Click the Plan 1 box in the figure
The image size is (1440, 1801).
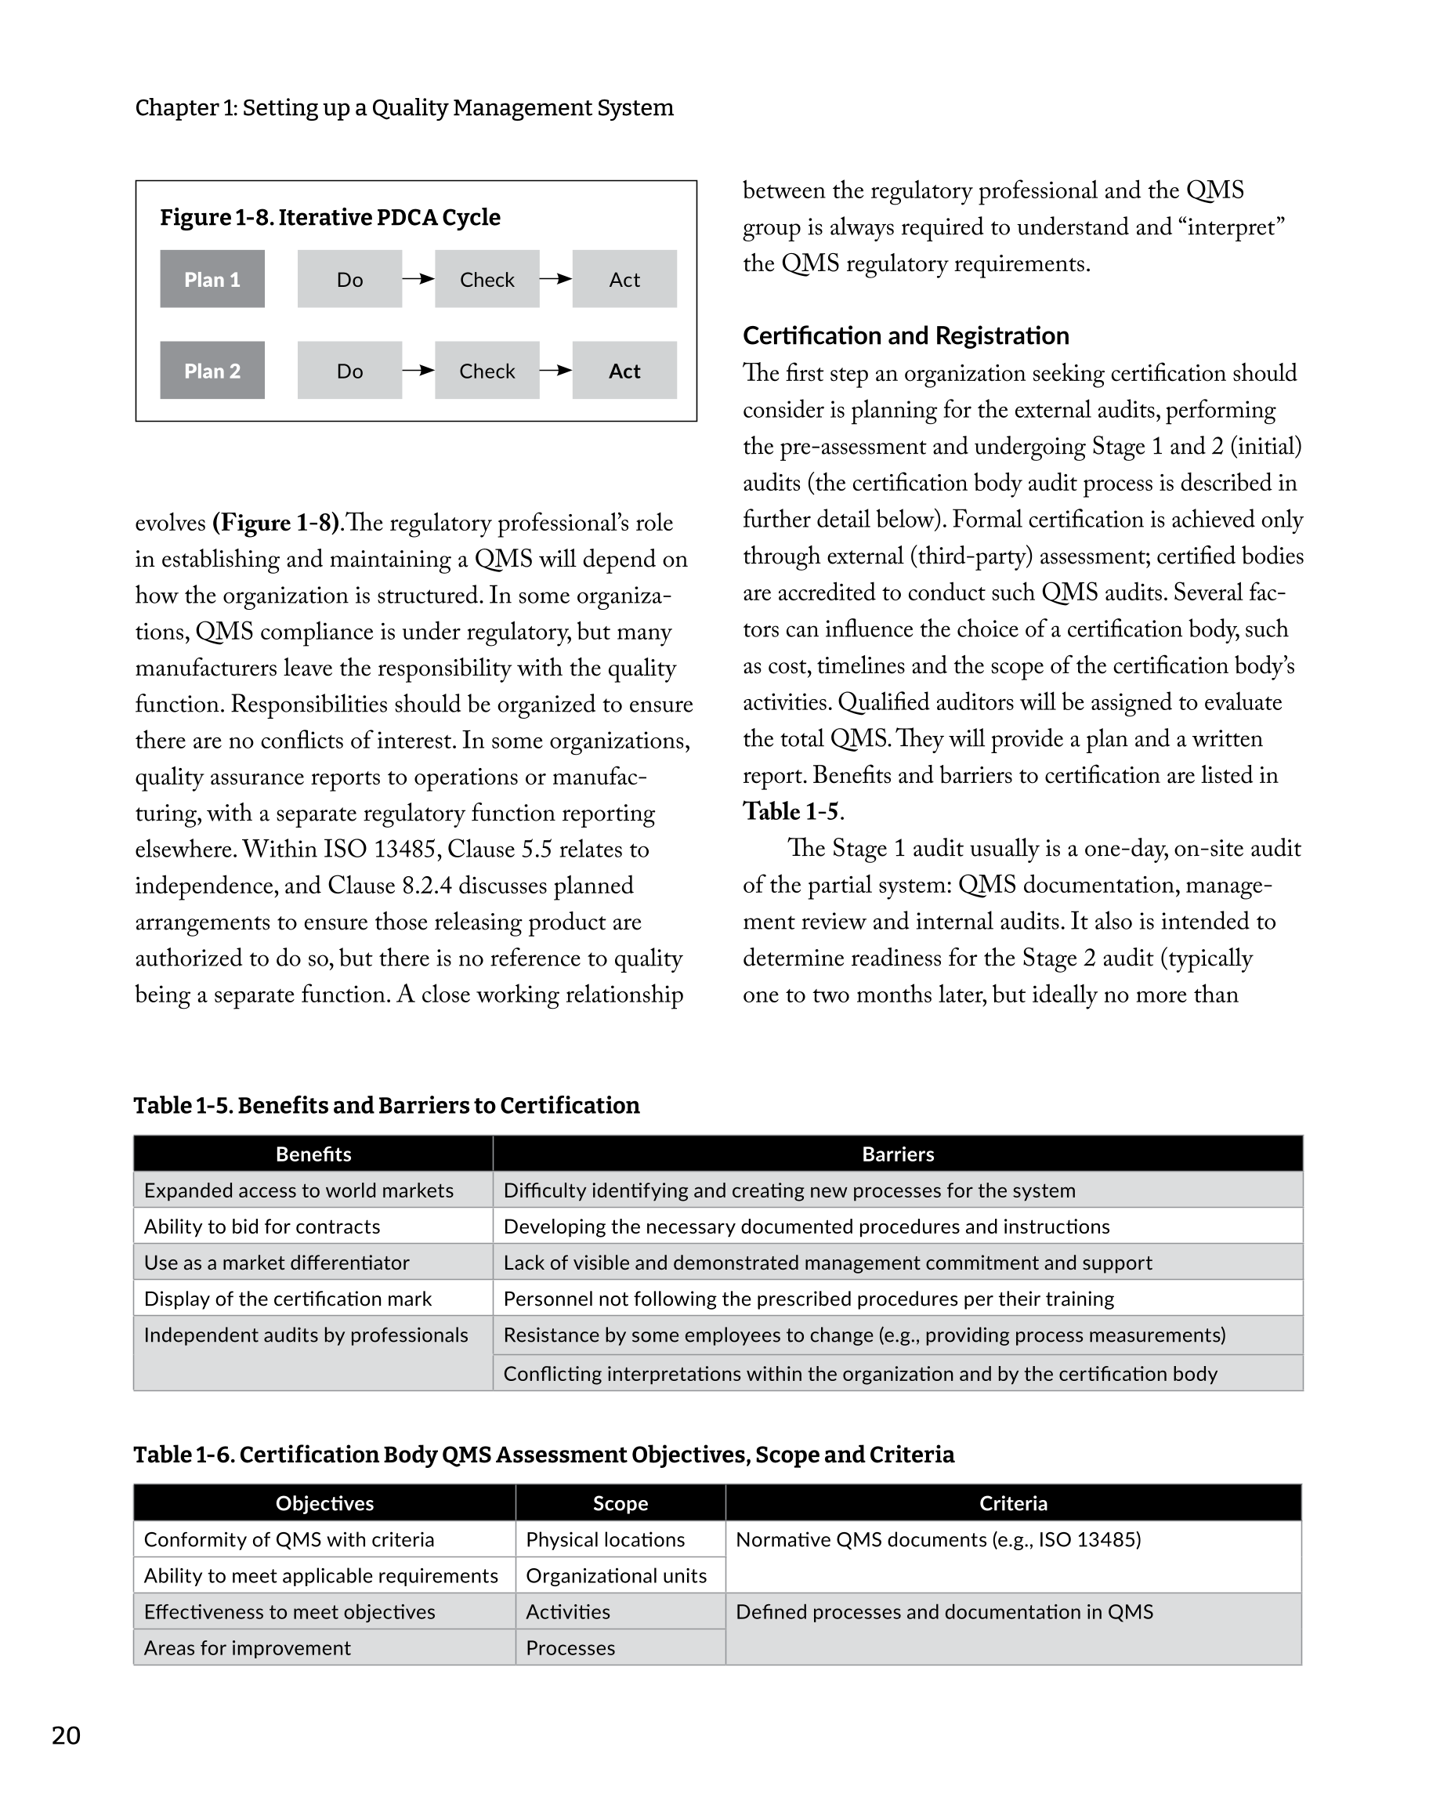[x=212, y=279]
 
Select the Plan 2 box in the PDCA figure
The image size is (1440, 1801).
[x=212, y=370]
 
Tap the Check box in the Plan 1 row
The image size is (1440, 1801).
[x=487, y=279]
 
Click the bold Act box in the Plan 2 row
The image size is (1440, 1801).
[x=624, y=370]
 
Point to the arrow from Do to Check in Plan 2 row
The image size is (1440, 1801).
[x=418, y=370]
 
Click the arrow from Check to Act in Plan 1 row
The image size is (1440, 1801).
[x=555, y=279]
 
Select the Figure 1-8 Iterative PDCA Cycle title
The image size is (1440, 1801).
[x=330, y=217]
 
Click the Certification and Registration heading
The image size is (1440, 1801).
[x=906, y=335]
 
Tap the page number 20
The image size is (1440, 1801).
[x=66, y=1735]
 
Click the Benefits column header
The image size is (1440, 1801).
[x=313, y=1154]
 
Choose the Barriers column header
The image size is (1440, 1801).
[x=898, y=1154]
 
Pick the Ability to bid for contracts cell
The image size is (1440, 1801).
[x=262, y=1227]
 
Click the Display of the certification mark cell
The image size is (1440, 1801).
[x=288, y=1298]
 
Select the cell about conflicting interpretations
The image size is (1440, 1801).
[x=860, y=1373]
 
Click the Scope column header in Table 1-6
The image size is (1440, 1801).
[x=620, y=1502]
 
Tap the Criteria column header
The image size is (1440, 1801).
[x=1013, y=1502]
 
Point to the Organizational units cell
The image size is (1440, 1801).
[x=617, y=1575]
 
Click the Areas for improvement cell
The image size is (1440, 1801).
[x=248, y=1647]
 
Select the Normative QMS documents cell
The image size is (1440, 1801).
[x=938, y=1539]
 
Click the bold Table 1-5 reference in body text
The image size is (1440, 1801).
[x=791, y=812]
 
